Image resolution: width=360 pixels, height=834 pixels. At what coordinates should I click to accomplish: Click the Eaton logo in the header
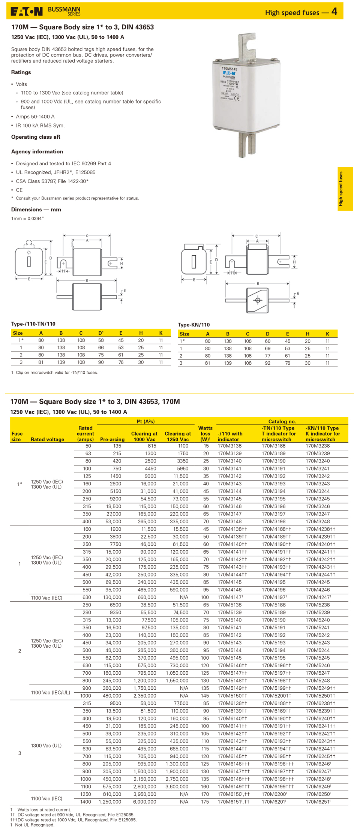click(26, 12)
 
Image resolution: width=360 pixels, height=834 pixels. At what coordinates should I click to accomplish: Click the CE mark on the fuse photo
click(237, 99)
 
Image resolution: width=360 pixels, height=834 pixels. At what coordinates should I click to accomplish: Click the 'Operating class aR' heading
click(36, 137)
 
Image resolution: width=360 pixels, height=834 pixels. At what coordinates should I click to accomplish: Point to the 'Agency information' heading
click(37, 152)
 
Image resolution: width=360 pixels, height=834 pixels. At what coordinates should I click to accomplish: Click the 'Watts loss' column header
click(205, 434)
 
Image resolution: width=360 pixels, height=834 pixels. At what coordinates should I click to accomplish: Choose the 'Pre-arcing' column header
click(112, 439)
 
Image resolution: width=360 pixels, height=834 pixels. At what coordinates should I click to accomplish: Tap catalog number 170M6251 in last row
click(318, 802)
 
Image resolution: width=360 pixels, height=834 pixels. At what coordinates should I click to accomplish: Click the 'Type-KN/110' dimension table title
click(193, 325)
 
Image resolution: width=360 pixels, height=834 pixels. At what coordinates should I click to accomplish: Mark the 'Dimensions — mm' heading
click(36, 210)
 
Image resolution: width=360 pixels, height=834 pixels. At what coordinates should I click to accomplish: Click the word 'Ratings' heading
click(21, 72)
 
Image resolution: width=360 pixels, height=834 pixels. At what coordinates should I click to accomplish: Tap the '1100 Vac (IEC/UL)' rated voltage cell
click(50, 692)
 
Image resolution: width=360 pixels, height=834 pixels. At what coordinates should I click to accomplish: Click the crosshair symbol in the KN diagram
click(258, 300)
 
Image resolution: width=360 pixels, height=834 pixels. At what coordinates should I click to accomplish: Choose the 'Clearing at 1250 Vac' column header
click(178, 437)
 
